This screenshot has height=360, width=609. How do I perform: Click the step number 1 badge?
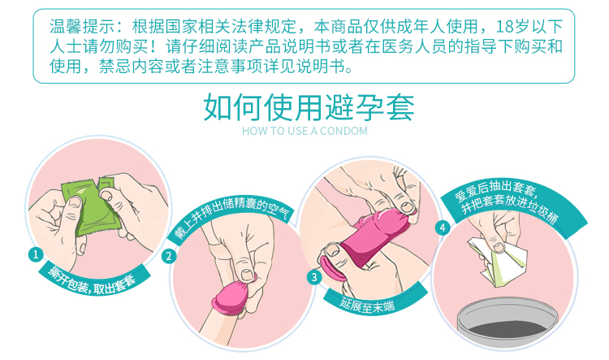point(36,255)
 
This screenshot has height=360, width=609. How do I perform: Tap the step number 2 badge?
point(169,257)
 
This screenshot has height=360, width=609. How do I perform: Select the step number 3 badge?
point(313,277)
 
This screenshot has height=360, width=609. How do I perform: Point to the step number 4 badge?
point(442,228)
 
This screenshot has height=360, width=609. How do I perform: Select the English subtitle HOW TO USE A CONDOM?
point(304,131)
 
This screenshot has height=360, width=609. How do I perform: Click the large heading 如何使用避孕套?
point(309,107)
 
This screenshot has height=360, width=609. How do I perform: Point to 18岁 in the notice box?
point(512,27)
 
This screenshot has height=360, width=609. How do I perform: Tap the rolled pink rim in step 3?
point(331,268)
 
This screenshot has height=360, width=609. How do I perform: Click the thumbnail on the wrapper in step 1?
point(75,202)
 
